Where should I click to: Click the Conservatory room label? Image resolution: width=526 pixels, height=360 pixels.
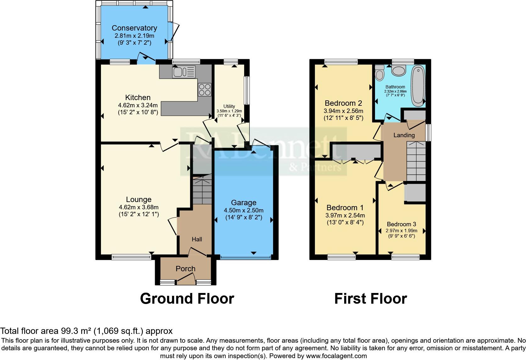[x=134, y=28]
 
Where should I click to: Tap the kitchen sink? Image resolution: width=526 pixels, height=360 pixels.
[x=183, y=72]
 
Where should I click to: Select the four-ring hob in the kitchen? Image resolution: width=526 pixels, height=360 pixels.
[x=204, y=89]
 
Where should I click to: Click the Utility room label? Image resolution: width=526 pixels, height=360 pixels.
[x=229, y=106]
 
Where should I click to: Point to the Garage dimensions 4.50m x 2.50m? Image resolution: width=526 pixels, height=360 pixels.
[x=243, y=210]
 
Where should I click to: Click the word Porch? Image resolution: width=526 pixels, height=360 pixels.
[x=185, y=269]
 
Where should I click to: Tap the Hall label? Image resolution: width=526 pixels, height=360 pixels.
[x=197, y=239]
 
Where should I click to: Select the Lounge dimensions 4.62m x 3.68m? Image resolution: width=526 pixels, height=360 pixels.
[x=138, y=207]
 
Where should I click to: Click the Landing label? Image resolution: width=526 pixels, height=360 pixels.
[x=404, y=135]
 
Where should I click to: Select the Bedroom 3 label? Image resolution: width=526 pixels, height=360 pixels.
[x=401, y=224]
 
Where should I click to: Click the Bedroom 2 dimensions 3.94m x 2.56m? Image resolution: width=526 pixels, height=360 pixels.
[x=343, y=111]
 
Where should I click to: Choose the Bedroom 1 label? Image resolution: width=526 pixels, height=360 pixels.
[x=345, y=208]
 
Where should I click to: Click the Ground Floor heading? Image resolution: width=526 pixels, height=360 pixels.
[x=187, y=298]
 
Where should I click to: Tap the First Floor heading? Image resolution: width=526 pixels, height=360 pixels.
[x=370, y=298]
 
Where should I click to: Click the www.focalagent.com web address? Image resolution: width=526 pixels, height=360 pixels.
[x=336, y=356]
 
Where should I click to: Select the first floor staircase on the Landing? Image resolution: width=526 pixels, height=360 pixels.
[x=416, y=161]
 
